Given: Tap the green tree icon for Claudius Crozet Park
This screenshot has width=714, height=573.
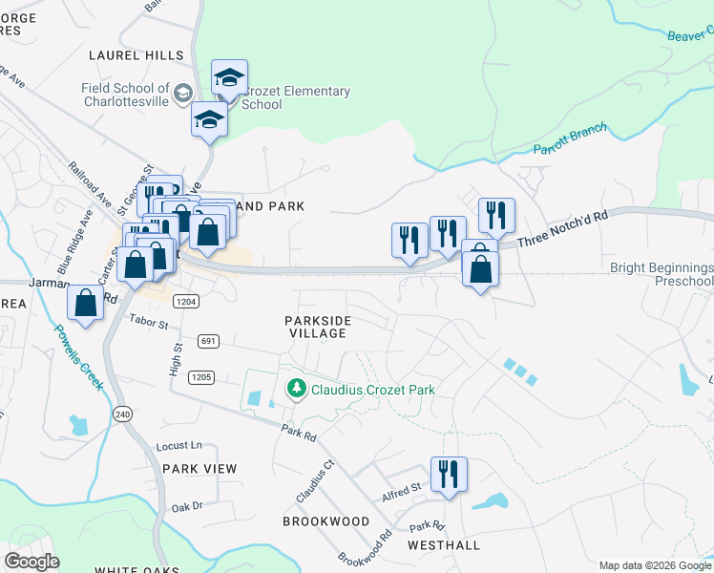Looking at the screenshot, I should (x=297, y=389).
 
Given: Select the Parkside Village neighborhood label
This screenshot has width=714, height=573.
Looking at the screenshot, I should (x=316, y=327).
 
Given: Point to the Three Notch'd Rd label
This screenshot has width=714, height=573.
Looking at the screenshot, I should (x=562, y=225).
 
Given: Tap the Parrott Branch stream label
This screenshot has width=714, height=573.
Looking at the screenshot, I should (x=570, y=142).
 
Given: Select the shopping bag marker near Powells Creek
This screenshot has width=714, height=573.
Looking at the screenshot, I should (x=86, y=303).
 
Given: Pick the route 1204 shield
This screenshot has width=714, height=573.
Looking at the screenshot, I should (x=185, y=301).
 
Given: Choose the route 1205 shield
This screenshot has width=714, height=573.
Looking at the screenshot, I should (x=200, y=377).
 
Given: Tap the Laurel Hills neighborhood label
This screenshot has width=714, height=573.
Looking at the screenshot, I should (x=129, y=56).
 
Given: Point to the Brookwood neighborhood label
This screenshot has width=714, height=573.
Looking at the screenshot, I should (x=325, y=521).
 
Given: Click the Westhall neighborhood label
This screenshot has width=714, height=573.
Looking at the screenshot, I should (x=444, y=544).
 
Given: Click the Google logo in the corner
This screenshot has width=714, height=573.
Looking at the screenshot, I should (x=31, y=562).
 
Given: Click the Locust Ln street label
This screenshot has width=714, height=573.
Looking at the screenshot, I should (x=179, y=446).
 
